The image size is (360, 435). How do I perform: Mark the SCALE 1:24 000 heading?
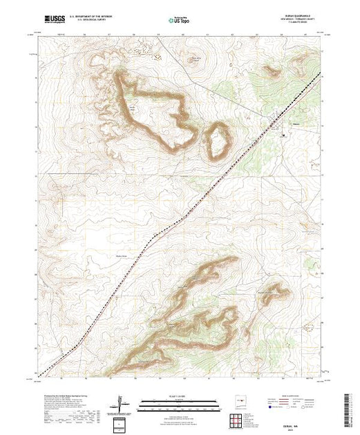(179, 396)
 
